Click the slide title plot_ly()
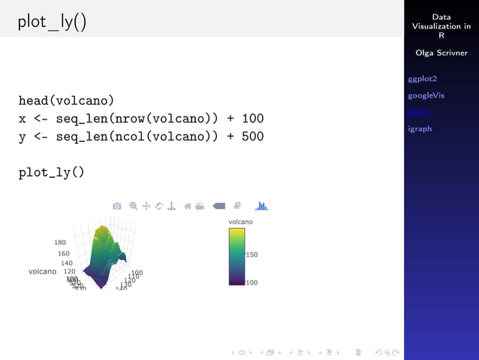[53, 23]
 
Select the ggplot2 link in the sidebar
[422, 78]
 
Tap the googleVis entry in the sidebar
[426, 95]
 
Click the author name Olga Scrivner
[441, 53]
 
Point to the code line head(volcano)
[66, 100]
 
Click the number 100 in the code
[252, 119]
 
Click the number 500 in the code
[252, 137]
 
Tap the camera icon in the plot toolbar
[117, 206]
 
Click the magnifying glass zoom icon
[133, 206]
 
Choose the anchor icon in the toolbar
[171, 206]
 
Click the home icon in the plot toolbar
[188, 206]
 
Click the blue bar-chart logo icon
[262, 206]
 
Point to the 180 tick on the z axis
[60, 243]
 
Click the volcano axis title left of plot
[42, 271]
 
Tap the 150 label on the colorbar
[252, 255]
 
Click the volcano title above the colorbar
[240, 222]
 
